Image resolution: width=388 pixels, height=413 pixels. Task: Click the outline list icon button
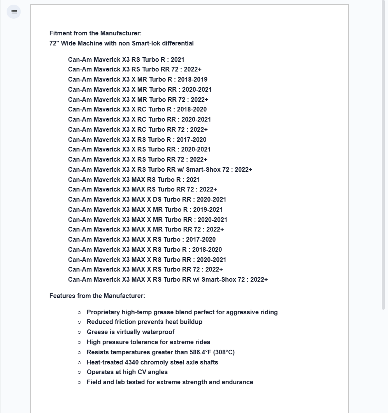coord(14,12)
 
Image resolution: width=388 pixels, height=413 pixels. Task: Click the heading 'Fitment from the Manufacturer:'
coord(95,33)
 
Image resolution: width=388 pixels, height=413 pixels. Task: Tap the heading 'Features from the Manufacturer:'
coord(97,296)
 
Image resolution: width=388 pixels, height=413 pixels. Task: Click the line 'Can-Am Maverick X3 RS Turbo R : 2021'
coord(126,60)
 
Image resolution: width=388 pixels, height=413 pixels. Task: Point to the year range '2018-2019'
coord(192,80)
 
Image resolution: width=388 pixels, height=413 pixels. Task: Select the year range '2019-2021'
coord(208,210)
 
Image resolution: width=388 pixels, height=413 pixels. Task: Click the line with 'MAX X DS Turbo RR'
coord(147,200)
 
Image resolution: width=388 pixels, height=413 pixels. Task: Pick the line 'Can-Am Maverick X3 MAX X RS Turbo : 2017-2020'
coord(142,240)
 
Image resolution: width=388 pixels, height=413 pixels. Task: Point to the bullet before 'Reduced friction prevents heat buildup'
coord(79,322)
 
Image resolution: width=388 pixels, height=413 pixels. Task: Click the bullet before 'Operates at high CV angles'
coord(79,372)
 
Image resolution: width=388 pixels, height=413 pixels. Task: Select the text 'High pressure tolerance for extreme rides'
coord(148,342)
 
